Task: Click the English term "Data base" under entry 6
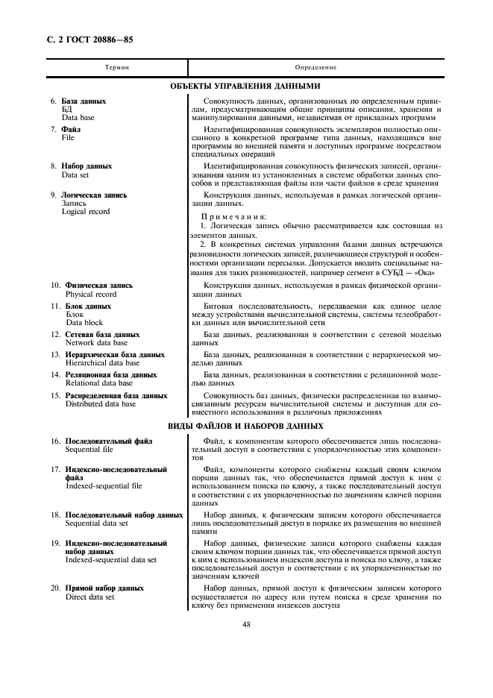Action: [78, 117]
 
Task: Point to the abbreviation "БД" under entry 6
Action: [67, 109]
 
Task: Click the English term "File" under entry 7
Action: [68, 138]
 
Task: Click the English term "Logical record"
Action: [86, 212]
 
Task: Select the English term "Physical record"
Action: [90, 295]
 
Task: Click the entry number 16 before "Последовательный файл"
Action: [56, 441]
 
